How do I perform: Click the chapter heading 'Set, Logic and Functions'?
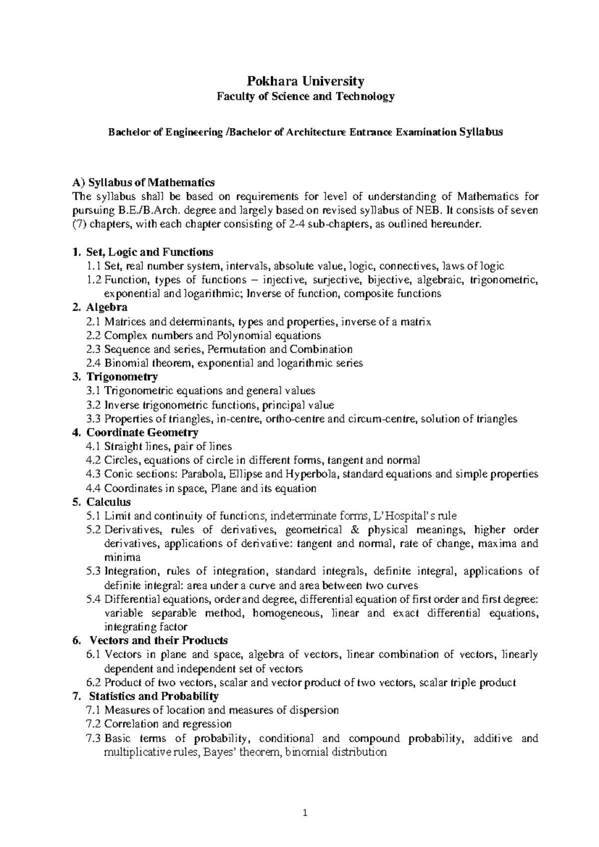pos(150,252)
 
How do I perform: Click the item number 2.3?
pos(93,349)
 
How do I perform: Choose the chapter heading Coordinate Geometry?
pos(142,432)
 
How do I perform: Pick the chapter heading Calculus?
pos(108,502)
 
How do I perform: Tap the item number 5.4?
pos(93,599)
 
